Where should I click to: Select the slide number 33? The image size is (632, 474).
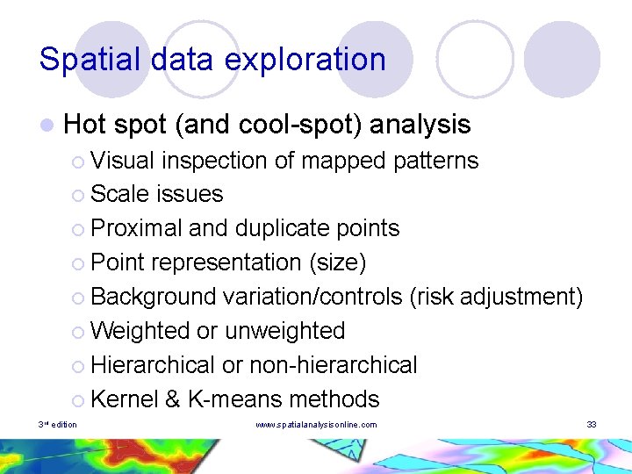coord(592,425)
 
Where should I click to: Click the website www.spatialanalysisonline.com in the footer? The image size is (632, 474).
coord(316,425)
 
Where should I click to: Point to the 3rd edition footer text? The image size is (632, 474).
coord(57,425)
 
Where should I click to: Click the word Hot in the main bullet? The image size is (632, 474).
coord(84,125)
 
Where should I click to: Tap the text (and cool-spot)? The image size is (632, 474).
coord(268,126)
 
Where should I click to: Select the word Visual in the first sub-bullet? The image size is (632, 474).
coord(122,161)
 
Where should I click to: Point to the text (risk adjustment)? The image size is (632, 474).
coord(496,297)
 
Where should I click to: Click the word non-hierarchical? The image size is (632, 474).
coord(334,364)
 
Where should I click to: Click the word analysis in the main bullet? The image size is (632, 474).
coord(420,126)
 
